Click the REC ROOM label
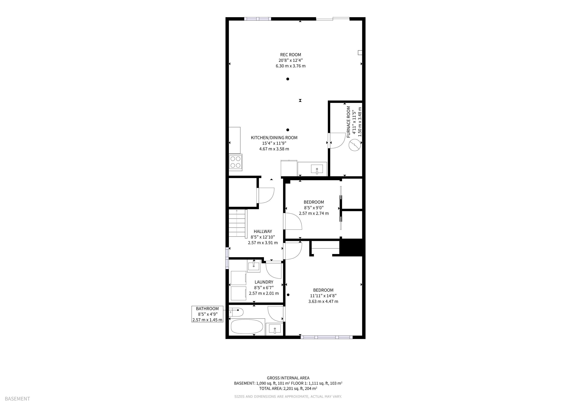pyautogui.click(x=291, y=55)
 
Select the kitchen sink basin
pyautogui.click(x=317, y=169)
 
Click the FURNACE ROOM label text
pyautogui.click(x=348, y=122)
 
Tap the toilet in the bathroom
pyautogui.click(x=236, y=312)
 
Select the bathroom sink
pyautogui.click(x=275, y=329)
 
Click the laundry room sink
pyautogui.click(x=254, y=266)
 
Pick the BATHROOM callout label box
pyautogui.click(x=207, y=314)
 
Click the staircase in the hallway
pyautogui.click(x=237, y=223)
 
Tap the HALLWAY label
pyautogui.click(x=263, y=231)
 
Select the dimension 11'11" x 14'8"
pyautogui.click(x=323, y=296)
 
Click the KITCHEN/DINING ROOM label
pyautogui.click(x=274, y=138)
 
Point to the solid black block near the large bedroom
pyautogui.click(x=351, y=248)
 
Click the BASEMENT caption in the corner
pyautogui.click(x=17, y=399)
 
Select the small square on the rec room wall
pyautogui.click(x=360, y=53)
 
